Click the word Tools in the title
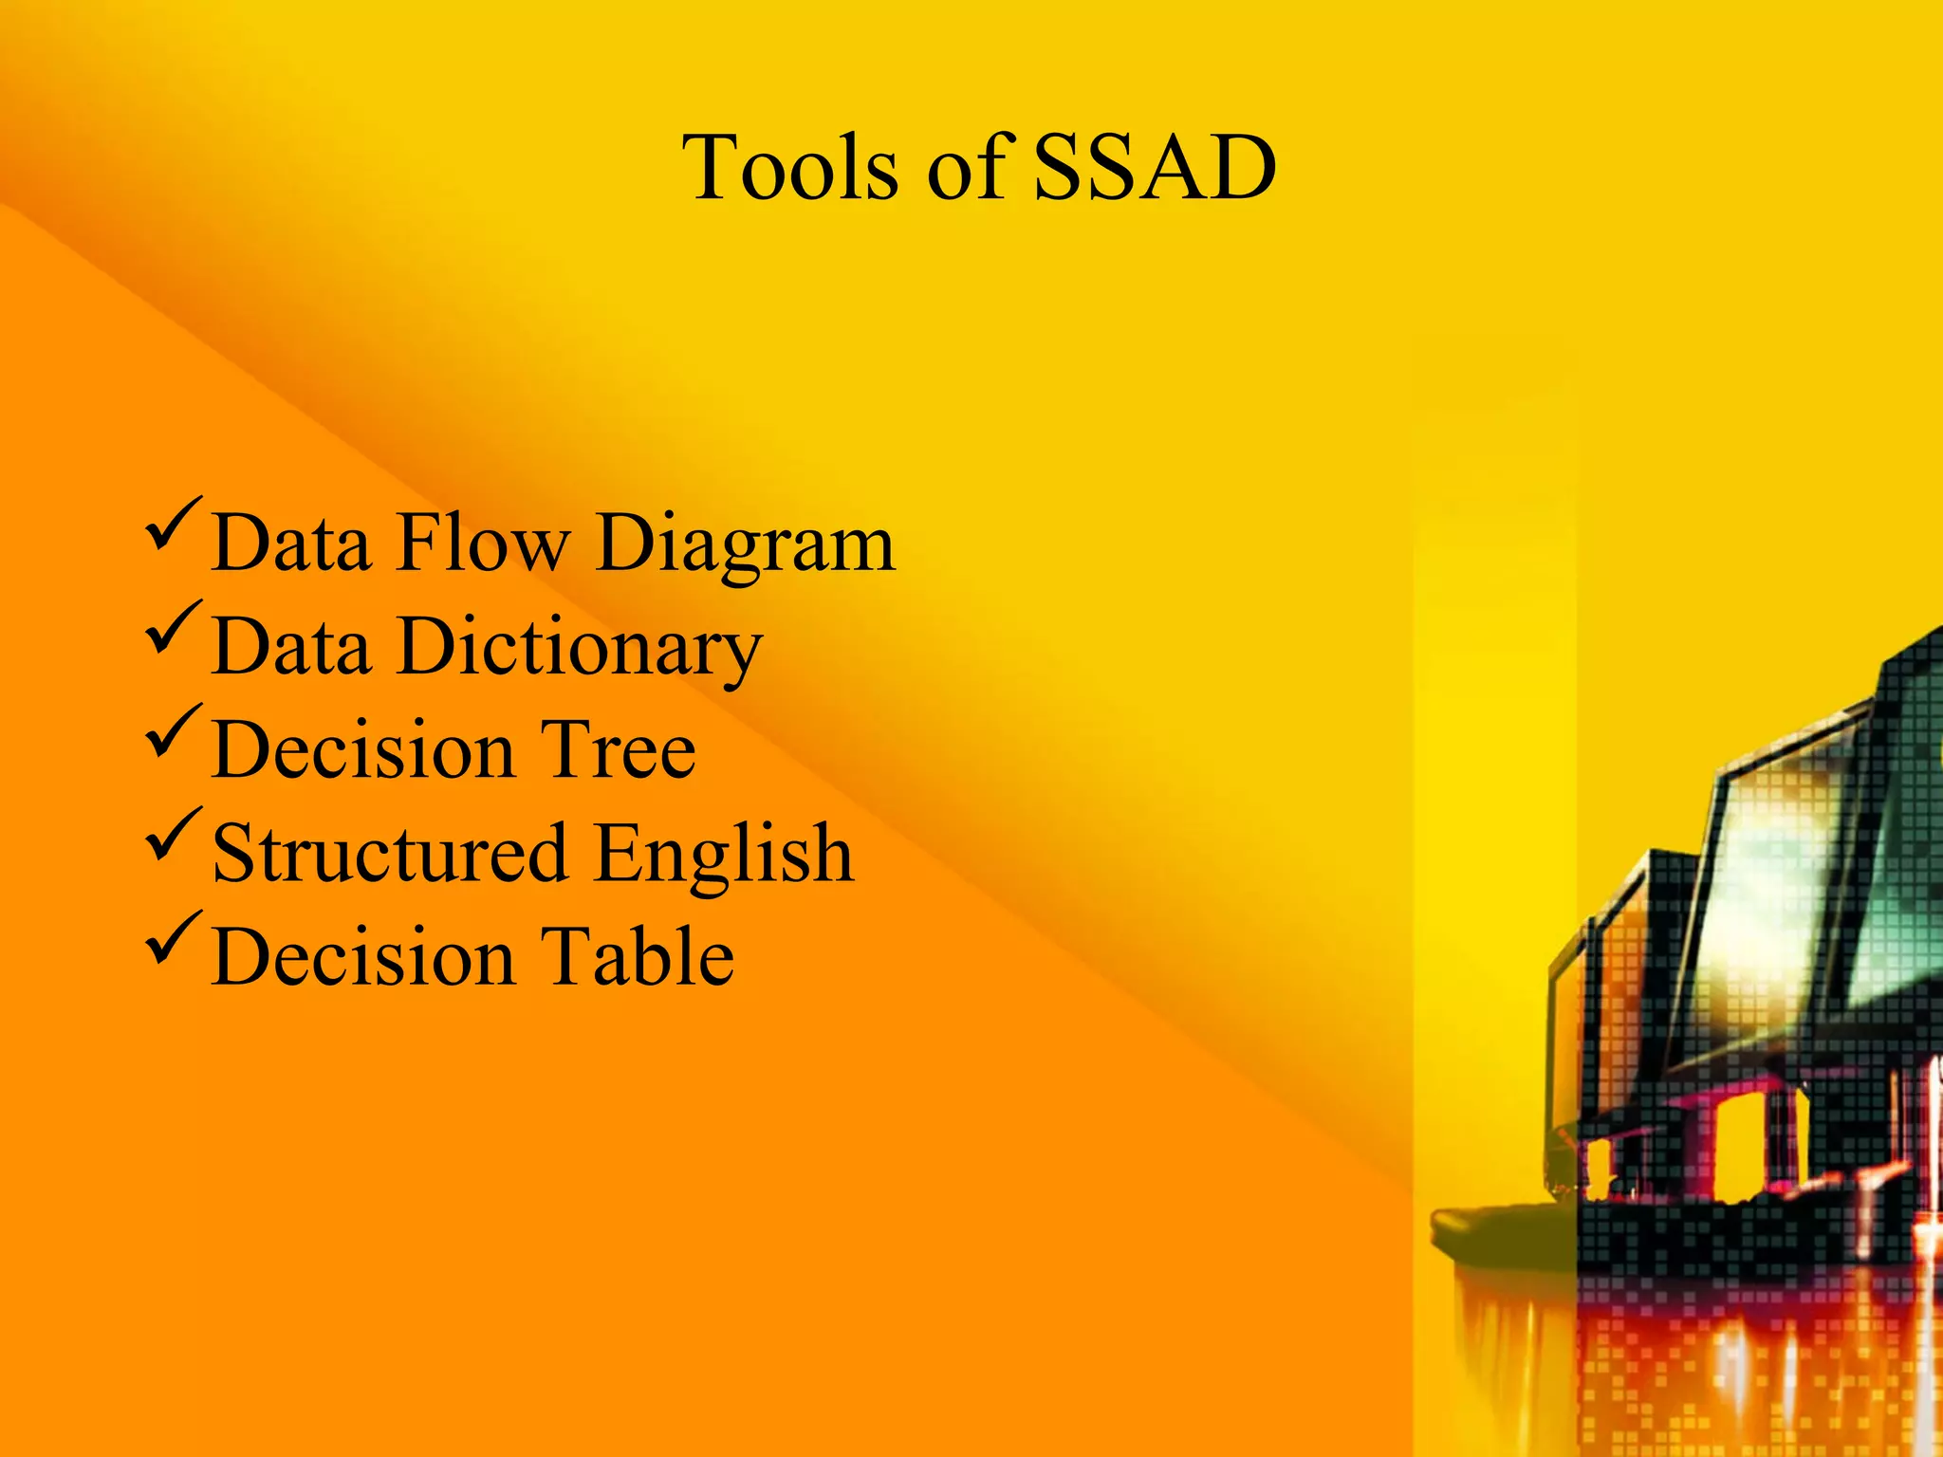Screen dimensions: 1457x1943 (789, 168)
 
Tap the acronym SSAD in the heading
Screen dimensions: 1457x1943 (1154, 168)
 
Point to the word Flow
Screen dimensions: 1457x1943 (484, 543)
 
